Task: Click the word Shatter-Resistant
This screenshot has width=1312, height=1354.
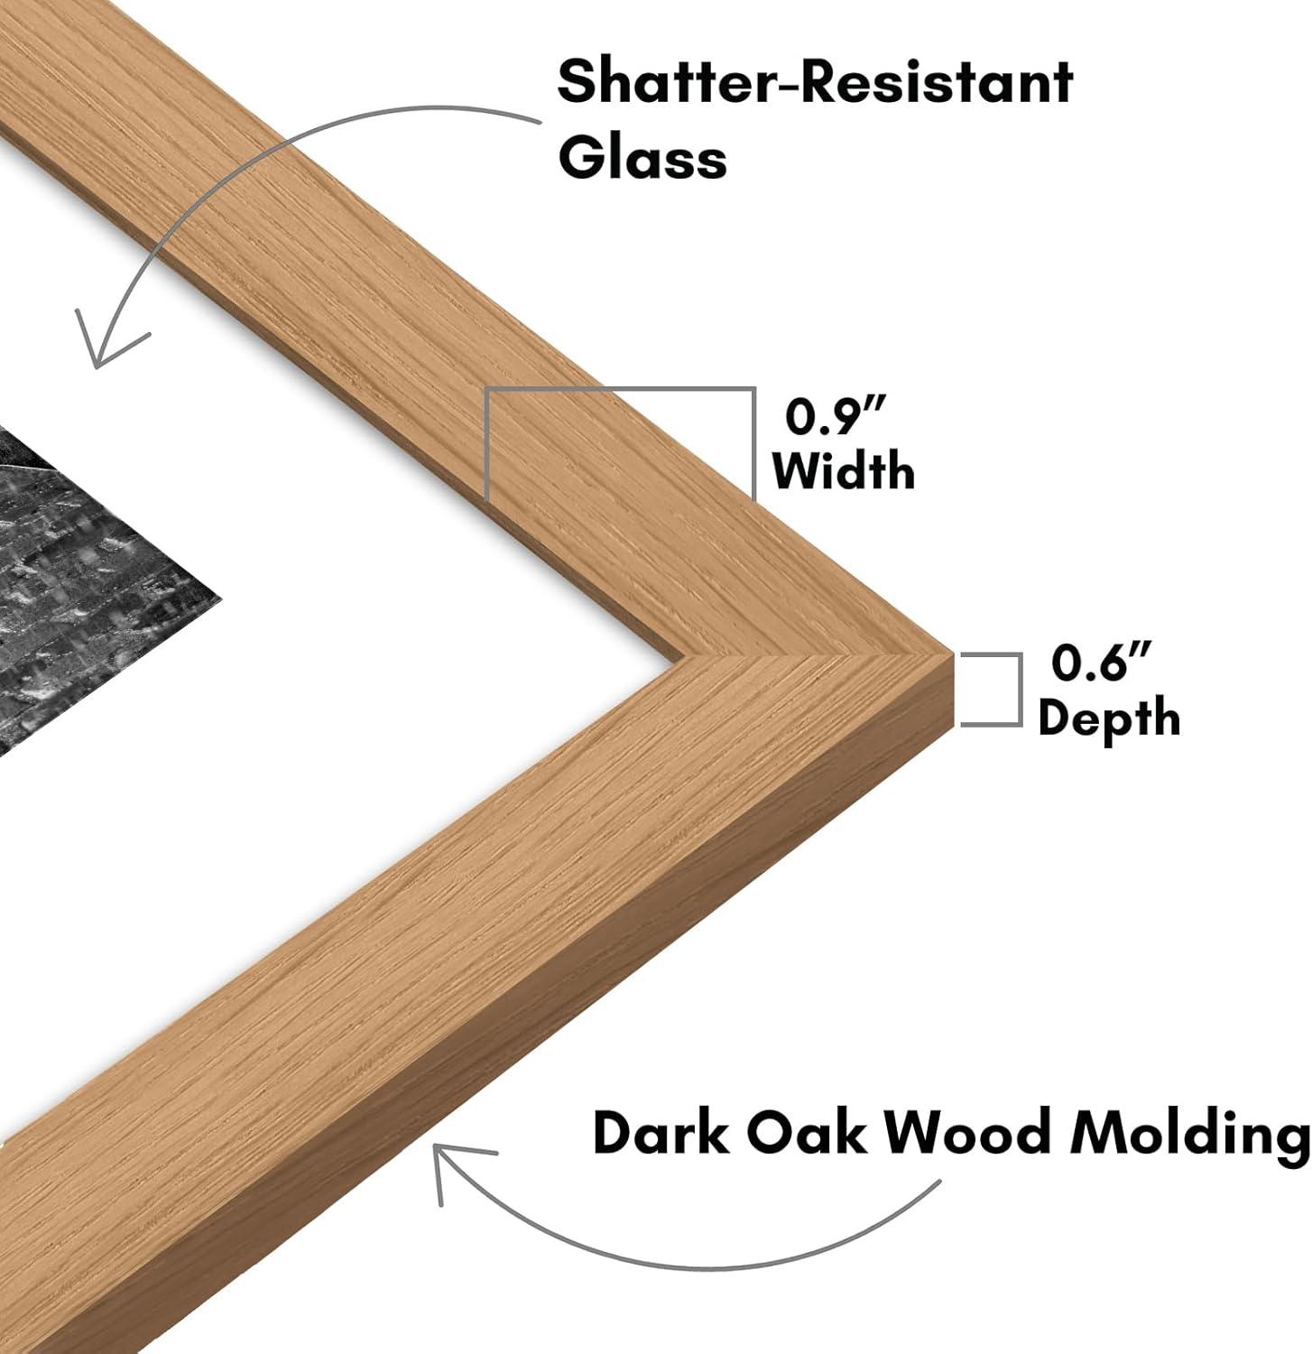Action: pyautogui.click(x=815, y=82)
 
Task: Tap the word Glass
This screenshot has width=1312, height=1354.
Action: pyautogui.click(x=642, y=159)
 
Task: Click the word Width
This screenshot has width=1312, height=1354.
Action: pyautogui.click(x=844, y=470)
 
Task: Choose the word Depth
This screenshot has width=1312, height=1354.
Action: pyautogui.click(x=1109, y=719)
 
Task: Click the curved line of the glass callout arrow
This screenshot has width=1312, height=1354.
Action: pyautogui.click(x=271, y=135)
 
